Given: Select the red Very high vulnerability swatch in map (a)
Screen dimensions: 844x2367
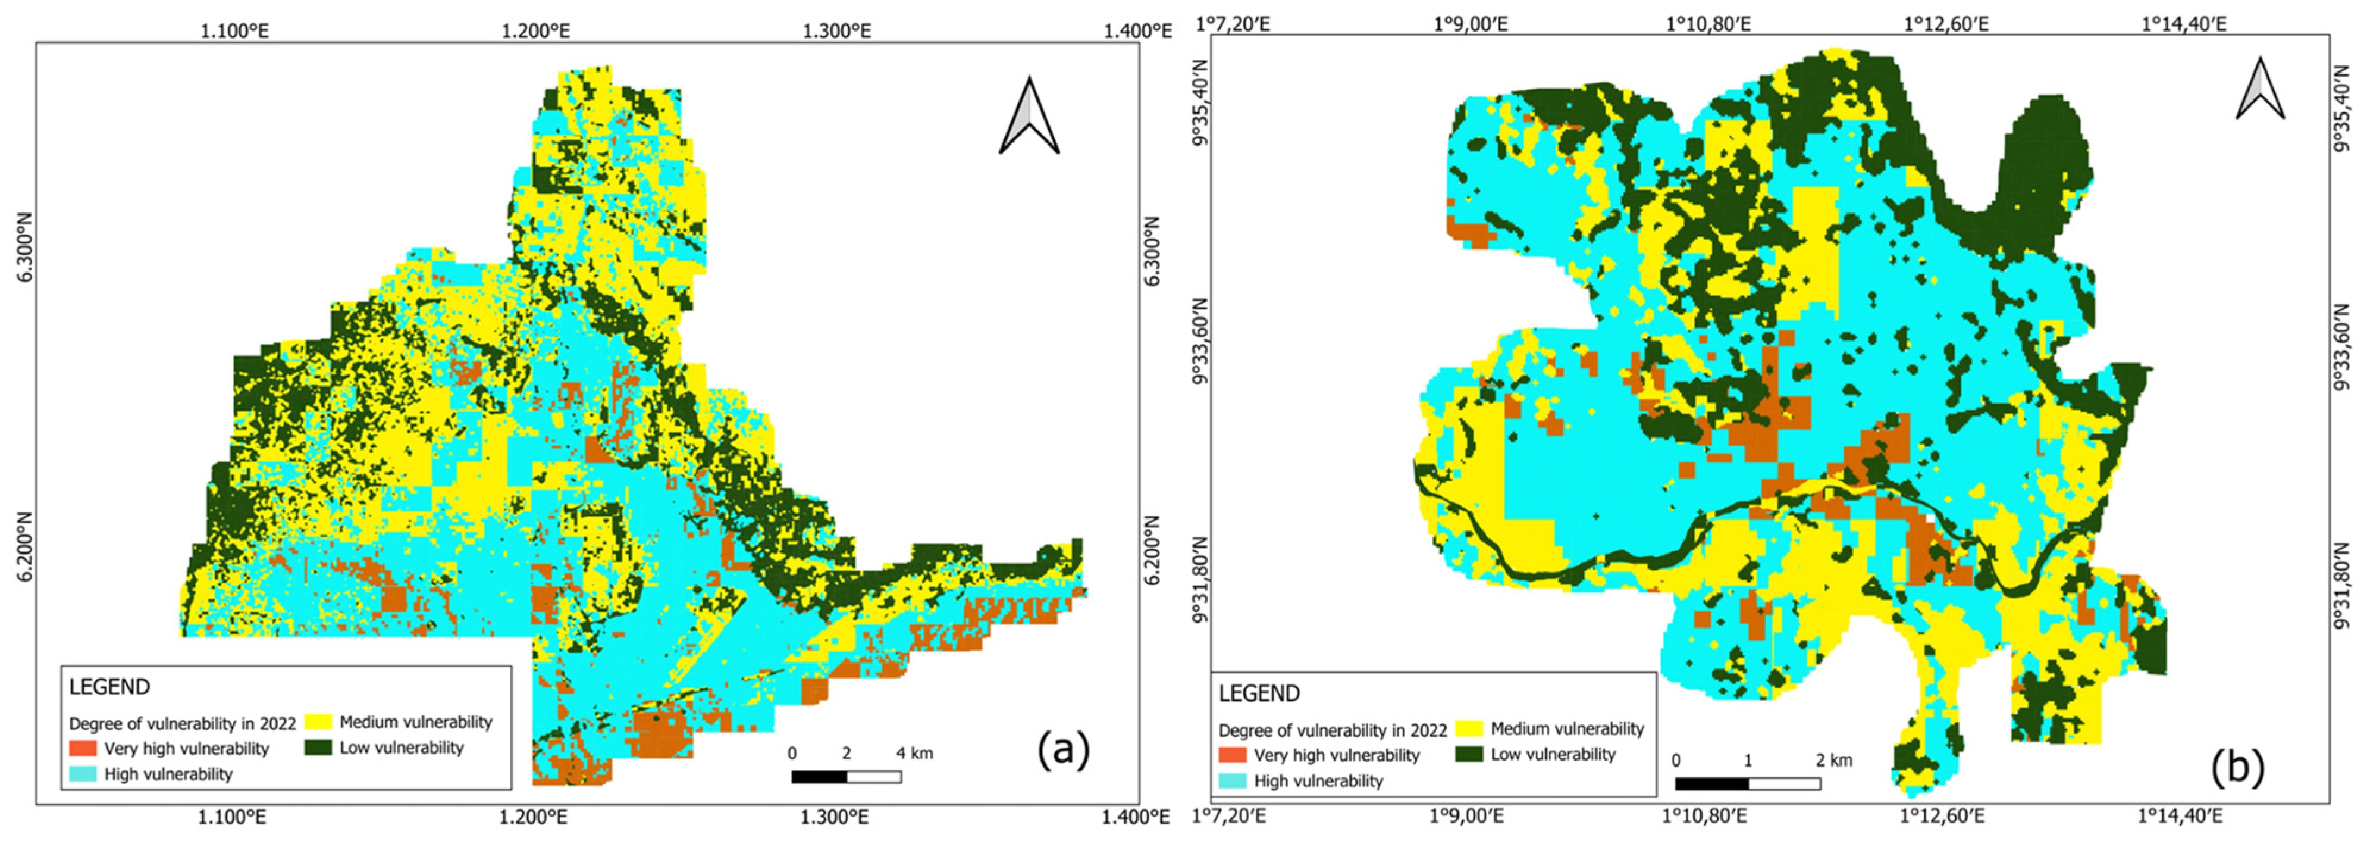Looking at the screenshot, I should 83,748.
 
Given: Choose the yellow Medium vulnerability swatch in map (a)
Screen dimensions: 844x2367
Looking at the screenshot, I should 318,722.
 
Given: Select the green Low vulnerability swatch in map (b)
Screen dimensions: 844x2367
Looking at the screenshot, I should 1468,755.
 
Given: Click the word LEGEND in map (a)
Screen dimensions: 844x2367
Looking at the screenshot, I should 109,687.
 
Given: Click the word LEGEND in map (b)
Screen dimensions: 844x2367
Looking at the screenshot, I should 1259,693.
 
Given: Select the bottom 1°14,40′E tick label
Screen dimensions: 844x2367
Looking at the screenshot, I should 2183,815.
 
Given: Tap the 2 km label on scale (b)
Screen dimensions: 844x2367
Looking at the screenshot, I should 1833,760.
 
